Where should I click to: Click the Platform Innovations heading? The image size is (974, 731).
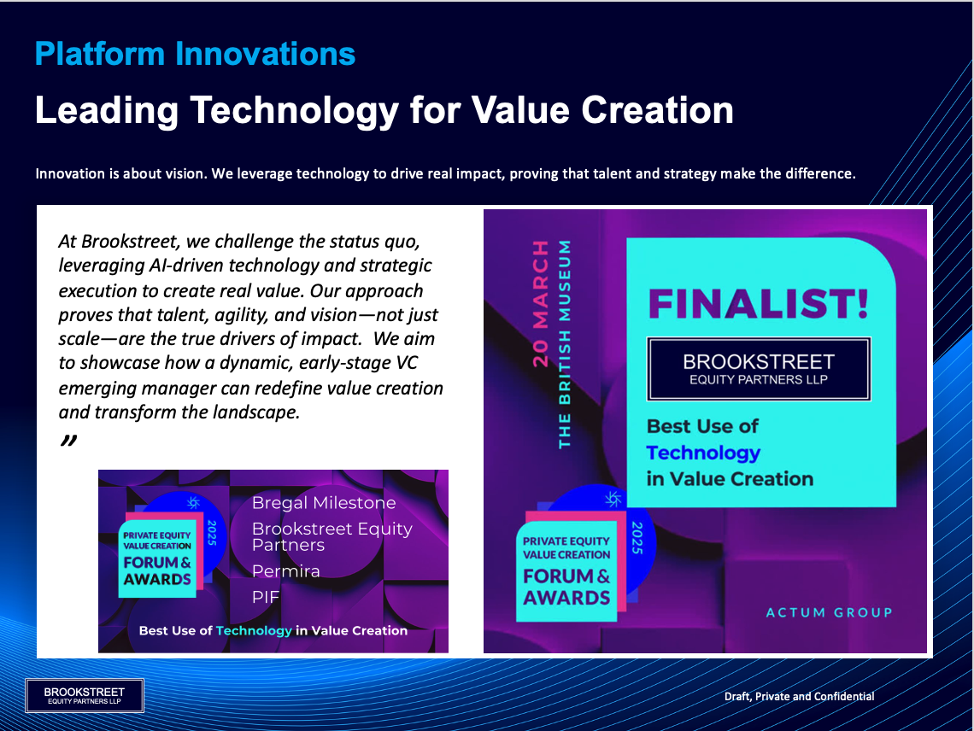[x=195, y=55]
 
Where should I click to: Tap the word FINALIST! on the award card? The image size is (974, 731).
[x=759, y=304]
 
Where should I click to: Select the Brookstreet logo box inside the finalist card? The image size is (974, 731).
[x=759, y=369]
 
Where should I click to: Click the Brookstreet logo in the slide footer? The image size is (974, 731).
[x=85, y=696]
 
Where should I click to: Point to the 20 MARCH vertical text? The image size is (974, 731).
[x=541, y=303]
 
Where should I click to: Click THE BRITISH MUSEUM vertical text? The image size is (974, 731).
[x=564, y=344]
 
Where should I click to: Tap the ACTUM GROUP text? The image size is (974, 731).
[x=830, y=612]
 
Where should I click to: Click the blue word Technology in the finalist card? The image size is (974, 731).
[x=703, y=453]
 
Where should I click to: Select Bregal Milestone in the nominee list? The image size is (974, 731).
[x=324, y=502]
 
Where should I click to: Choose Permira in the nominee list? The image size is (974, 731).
[x=285, y=570]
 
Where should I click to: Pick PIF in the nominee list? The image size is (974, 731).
[x=265, y=598]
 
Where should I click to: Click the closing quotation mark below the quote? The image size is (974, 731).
[x=69, y=441]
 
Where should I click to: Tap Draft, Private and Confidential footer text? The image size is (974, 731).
[x=799, y=696]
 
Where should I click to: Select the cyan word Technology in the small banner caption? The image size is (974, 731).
[x=254, y=631]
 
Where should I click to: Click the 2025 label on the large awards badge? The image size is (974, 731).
[x=637, y=538]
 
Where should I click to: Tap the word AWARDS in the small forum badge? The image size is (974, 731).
[x=157, y=580]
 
